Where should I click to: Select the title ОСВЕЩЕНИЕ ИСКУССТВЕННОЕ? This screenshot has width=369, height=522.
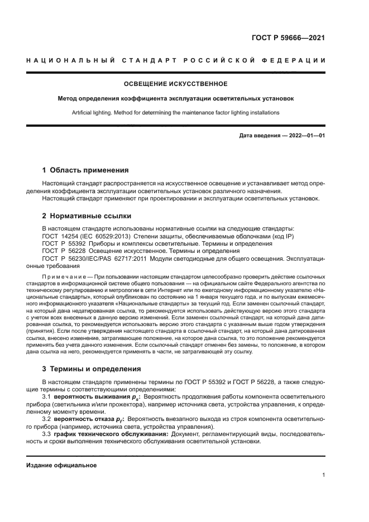pos(175,84)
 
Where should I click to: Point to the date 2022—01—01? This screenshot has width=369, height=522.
pos(305,136)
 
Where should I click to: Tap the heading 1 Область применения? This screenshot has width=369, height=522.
pos(86,170)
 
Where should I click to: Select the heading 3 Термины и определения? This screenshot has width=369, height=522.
pos(92,369)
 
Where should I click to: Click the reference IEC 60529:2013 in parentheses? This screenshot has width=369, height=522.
pos(112,236)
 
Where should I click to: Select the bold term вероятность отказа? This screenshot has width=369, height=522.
pos(80,418)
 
